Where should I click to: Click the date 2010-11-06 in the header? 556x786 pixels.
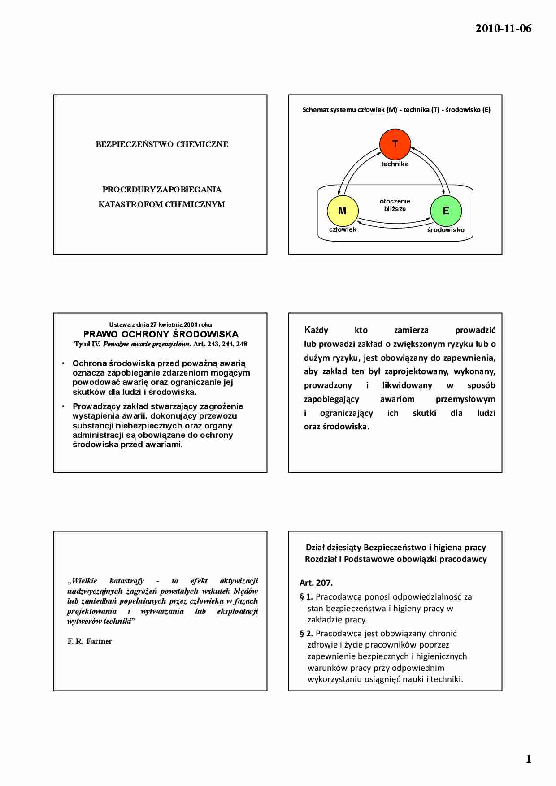pos(503,29)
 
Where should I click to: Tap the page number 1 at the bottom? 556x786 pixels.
pos(528,759)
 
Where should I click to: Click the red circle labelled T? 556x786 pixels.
pos(395,144)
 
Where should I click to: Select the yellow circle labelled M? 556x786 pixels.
pos(342,211)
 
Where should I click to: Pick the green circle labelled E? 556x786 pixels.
pos(446,211)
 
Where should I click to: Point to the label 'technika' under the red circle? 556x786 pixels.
pos(395,164)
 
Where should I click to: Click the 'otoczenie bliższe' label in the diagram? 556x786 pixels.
pos(395,205)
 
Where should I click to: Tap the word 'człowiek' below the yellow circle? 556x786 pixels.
pos(343,229)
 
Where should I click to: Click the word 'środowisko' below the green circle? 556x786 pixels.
pos(446,230)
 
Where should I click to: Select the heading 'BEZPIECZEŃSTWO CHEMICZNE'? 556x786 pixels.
pos(162,144)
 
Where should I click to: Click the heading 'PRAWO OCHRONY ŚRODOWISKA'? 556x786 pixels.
pos(161,334)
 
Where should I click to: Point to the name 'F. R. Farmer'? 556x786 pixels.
pos(90,641)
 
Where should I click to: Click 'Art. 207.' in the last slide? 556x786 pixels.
pos(316,583)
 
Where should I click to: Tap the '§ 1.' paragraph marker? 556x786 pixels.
pos(306,596)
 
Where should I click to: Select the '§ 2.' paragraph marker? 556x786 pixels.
pos(306,633)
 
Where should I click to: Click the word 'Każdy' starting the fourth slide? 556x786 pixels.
pos(316,330)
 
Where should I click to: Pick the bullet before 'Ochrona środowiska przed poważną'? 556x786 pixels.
pos(63,363)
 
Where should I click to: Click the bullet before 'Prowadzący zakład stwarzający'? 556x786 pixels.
pos(63,406)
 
